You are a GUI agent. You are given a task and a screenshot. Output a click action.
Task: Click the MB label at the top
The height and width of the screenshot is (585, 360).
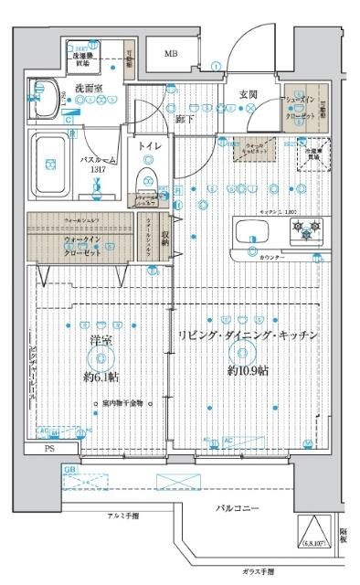point(171,54)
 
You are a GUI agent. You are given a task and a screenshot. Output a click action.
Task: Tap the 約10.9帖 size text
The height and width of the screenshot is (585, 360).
point(249,372)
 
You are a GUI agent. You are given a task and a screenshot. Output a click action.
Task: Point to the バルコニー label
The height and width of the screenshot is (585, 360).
point(238,508)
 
